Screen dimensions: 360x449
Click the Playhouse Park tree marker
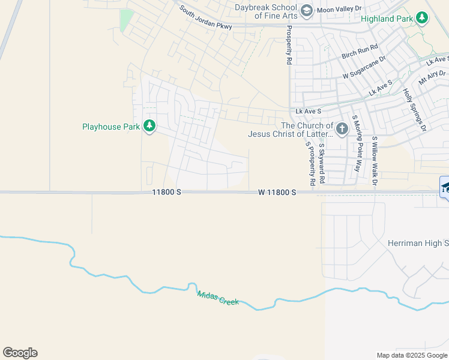149,127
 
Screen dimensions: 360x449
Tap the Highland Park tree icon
422,19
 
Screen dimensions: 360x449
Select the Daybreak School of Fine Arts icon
306,10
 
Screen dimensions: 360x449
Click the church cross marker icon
342,129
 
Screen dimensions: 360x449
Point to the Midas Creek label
218,298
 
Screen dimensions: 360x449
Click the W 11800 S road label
277,193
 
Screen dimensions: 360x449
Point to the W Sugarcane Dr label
364,68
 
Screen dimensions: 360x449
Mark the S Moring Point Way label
357,143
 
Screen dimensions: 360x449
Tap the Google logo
20,353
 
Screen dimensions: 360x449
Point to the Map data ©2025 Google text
411,355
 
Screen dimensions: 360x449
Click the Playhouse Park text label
110,127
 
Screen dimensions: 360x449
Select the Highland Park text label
387,19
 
